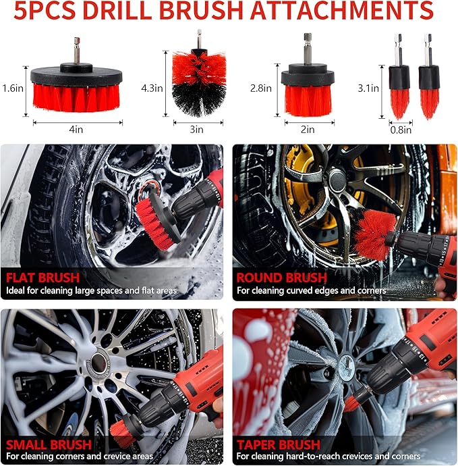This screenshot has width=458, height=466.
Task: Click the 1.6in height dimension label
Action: (13, 88)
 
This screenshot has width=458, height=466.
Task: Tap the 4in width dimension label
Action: (78, 130)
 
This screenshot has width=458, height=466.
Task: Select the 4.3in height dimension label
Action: (152, 88)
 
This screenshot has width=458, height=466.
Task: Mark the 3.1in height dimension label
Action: (368, 88)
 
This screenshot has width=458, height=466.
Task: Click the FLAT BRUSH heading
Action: (42, 277)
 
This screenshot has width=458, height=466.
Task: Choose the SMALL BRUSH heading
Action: (48, 444)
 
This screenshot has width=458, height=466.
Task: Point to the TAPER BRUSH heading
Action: (278, 444)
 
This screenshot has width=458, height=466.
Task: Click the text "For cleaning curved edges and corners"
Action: (311, 291)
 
